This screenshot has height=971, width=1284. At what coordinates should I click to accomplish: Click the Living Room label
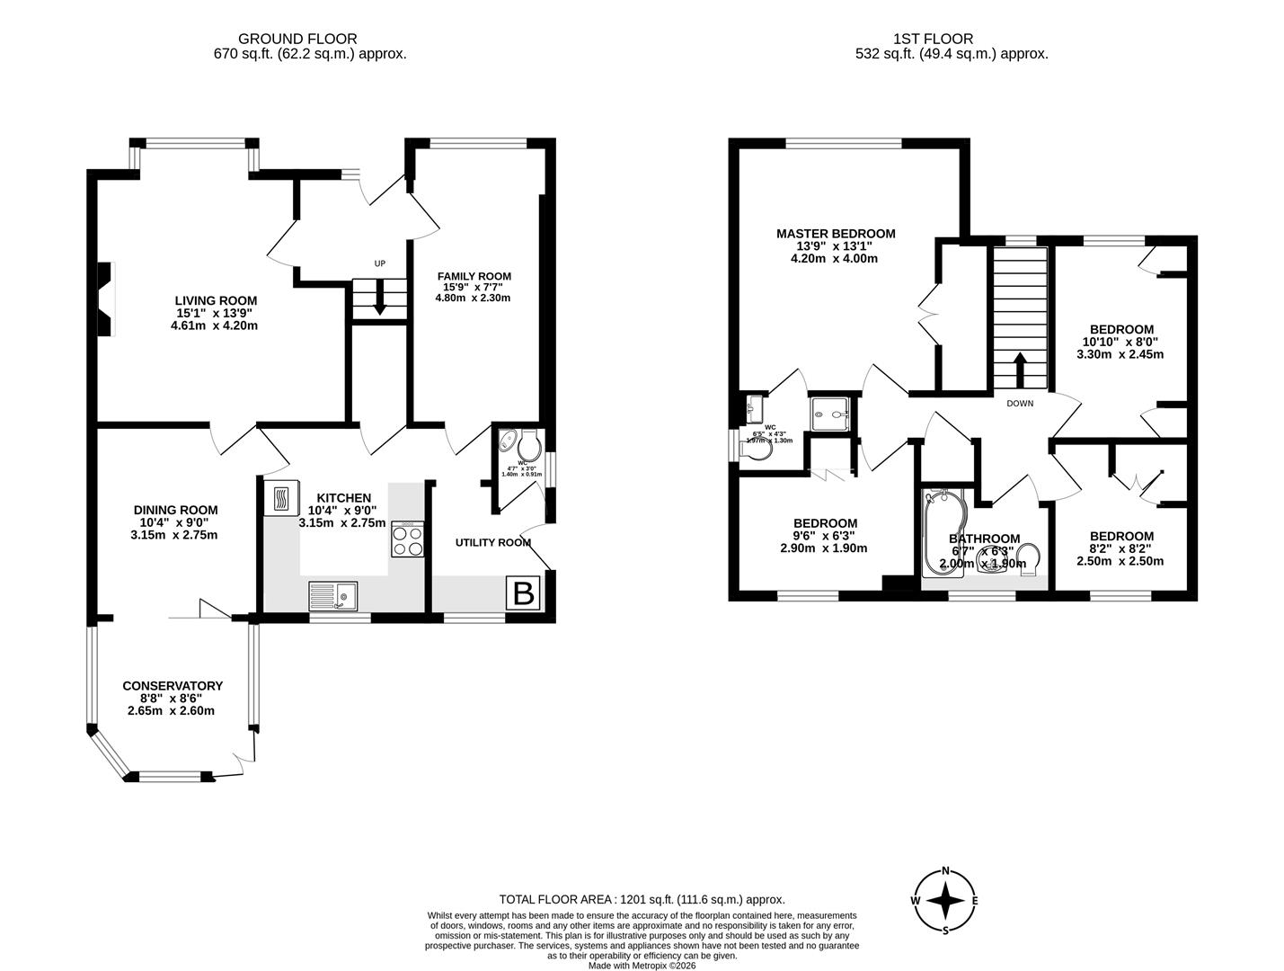click(x=216, y=300)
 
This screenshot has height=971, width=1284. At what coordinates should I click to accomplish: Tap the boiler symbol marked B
click(x=522, y=593)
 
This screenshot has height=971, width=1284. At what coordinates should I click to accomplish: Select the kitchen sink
click(x=332, y=594)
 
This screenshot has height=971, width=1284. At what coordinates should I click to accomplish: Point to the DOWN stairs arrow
click(x=1020, y=369)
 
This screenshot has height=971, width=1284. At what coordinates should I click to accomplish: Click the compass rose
click(x=945, y=900)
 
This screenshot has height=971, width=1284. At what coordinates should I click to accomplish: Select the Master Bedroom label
click(x=836, y=234)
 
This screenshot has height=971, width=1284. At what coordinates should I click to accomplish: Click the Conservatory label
click(x=173, y=686)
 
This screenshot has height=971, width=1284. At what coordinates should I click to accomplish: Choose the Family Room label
click(x=474, y=276)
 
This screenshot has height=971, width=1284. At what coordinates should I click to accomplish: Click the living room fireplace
click(x=106, y=298)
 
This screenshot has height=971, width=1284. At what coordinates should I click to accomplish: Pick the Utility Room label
click(x=492, y=542)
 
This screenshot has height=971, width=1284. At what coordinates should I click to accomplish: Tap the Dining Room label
click(x=176, y=510)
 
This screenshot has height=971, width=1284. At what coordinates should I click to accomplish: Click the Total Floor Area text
click(x=642, y=899)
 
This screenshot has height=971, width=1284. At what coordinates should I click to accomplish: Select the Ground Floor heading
click(x=297, y=39)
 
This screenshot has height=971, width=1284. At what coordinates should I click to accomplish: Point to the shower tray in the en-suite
click(x=832, y=414)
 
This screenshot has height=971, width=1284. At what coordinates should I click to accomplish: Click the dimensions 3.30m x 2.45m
click(x=1120, y=354)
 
